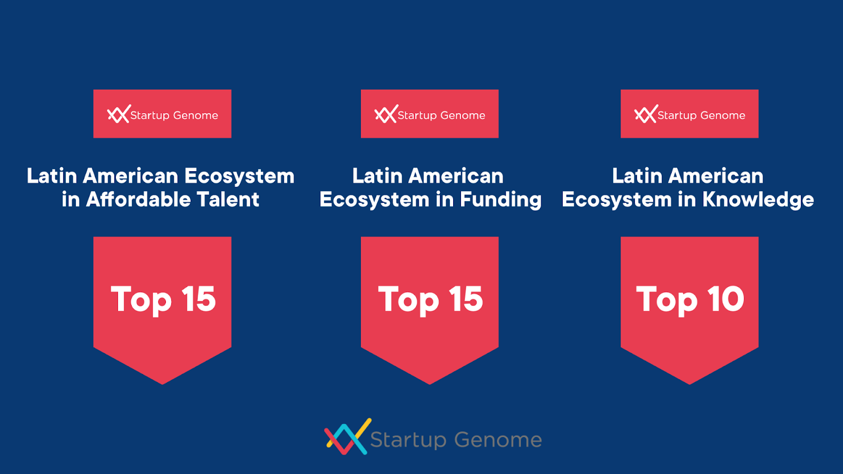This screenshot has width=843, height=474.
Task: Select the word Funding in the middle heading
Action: point(501,200)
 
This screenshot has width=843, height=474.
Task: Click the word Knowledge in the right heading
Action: point(758,200)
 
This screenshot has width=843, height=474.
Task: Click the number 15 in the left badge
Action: point(198,299)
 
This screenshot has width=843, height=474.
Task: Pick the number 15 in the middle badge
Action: point(466,299)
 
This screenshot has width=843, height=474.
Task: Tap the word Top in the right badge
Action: point(666,300)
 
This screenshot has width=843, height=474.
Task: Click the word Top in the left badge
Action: point(141,300)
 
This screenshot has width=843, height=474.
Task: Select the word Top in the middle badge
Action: point(408,300)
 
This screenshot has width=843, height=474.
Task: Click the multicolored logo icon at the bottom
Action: point(348,437)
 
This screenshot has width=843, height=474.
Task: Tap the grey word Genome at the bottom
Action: point(498,440)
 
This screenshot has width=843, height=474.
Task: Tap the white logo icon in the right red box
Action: point(646,114)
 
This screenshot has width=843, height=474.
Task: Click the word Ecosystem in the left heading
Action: point(239,176)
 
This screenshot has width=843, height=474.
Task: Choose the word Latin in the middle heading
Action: point(377,176)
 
